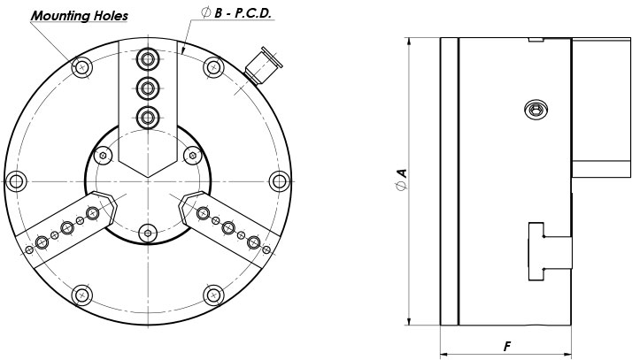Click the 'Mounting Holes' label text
(81, 15)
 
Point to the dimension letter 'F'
(508, 346)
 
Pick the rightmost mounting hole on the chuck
(280, 181)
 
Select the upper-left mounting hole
(81, 66)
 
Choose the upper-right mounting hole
(213, 66)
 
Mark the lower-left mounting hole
(81, 295)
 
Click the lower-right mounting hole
(213, 295)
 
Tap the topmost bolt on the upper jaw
(147, 59)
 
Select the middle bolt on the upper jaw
(147, 87)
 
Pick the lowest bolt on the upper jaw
(147, 115)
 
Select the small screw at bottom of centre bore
(147, 232)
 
